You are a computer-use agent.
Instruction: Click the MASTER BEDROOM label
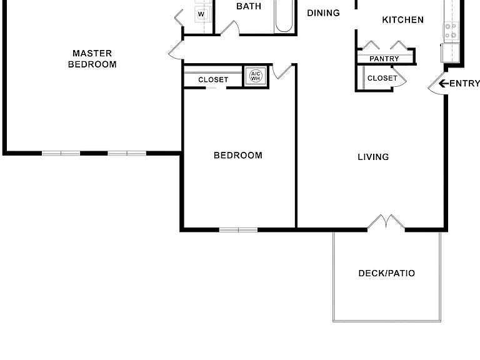click(92, 59)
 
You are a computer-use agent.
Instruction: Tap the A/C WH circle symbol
click(256, 76)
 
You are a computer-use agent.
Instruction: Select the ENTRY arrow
click(444, 83)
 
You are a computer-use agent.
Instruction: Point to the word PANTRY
click(384, 59)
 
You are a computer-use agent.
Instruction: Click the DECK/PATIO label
click(387, 273)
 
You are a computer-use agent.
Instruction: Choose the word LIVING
click(373, 157)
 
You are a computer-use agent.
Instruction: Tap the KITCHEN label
click(403, 20)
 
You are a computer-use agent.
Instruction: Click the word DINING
click(323, 13)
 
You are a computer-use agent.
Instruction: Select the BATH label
click(249, 6)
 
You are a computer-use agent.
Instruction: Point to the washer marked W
click(202, 14)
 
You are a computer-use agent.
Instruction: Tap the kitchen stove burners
click(451, 31)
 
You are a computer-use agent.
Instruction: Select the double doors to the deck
click(386, 221)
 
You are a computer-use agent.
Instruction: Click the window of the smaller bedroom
click(239, 230)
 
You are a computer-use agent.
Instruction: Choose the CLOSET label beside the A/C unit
click(213, 79)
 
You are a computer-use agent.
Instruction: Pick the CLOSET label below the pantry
click(382, 78)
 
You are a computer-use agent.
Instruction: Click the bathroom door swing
click(229, 27)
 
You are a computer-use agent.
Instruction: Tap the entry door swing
click(436, 83)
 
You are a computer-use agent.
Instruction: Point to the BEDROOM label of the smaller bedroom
click(238, 155)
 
